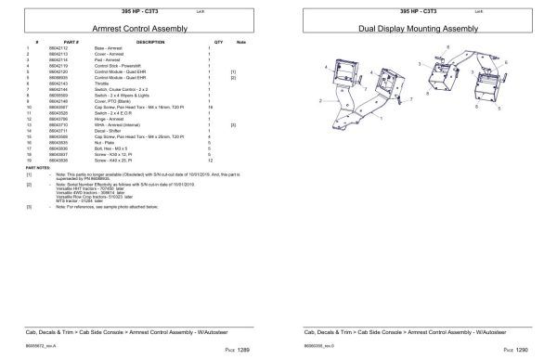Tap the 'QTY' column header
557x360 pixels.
pyautogui.click(x=218, y=43)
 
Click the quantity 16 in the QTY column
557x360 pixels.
pyautogui.click(x=211, y=108)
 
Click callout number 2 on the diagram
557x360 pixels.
pyautogui.click(x=317, y=100)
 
